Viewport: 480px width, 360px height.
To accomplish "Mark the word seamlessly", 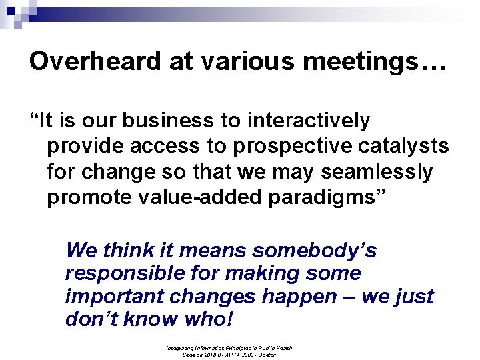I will tap(377, 172).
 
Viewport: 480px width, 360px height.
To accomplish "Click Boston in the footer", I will tap(267, 355).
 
